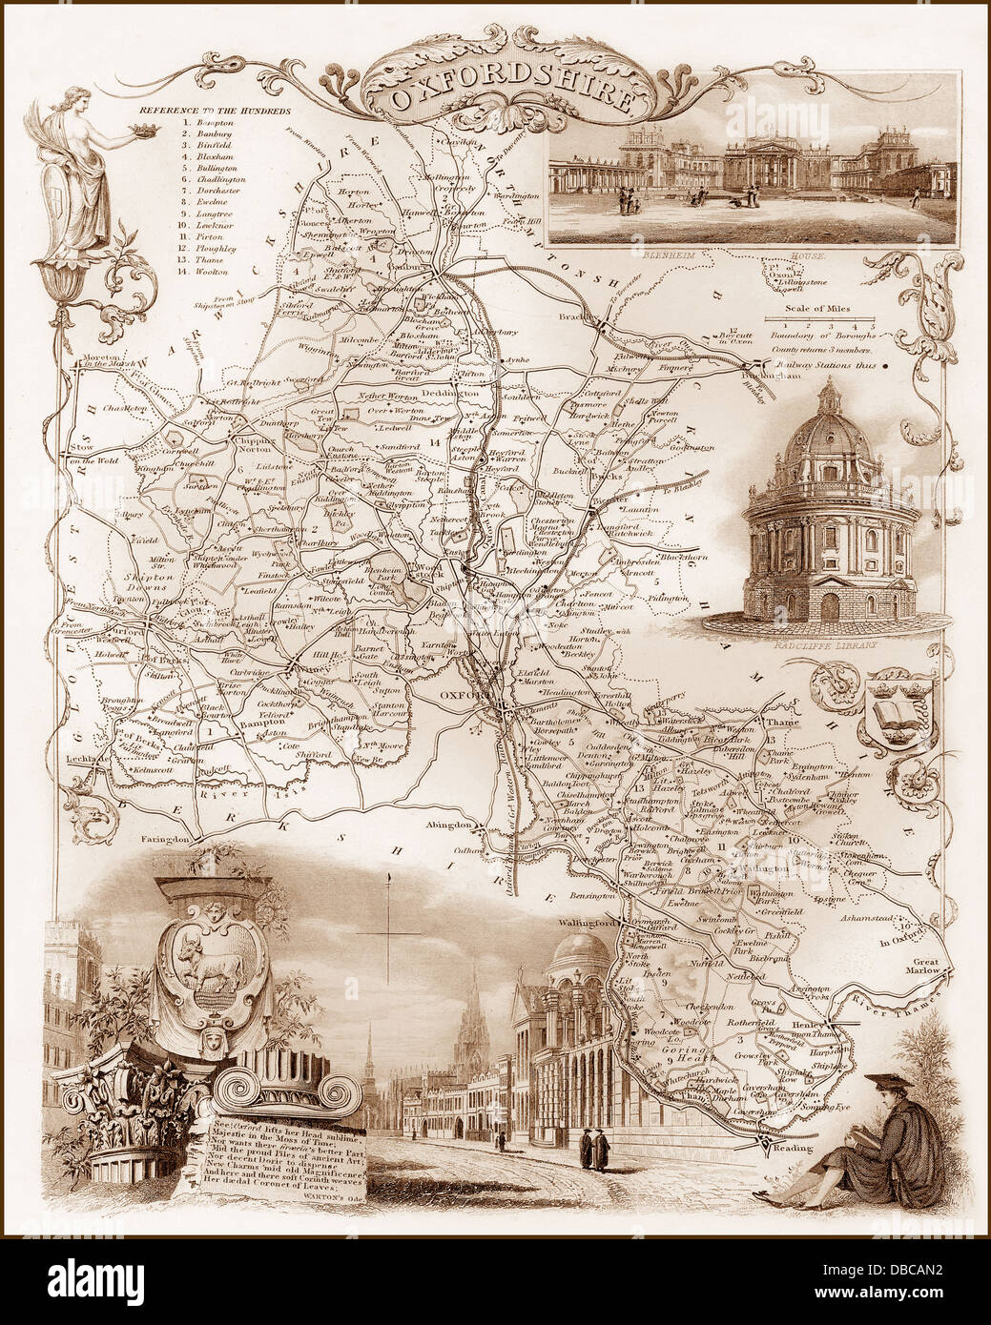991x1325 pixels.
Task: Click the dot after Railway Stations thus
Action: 886,364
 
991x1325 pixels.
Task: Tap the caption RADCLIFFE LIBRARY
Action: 828,644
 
